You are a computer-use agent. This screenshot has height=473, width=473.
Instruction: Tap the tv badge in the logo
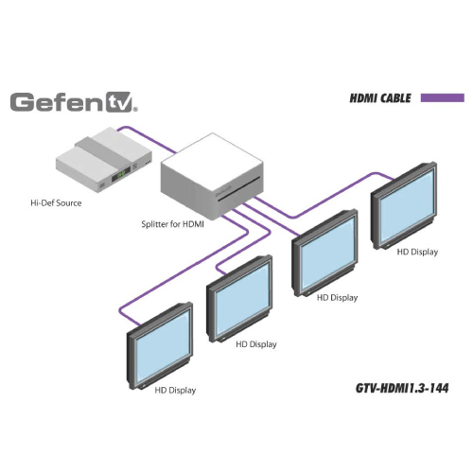point(119,102)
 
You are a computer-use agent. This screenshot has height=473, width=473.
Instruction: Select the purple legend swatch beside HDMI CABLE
point(442,97)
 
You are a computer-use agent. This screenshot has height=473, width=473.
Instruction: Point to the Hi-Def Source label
point(57,202)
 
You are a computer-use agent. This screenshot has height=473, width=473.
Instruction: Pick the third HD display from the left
point(326,253)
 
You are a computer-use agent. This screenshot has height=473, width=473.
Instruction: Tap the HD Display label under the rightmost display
point(417,251)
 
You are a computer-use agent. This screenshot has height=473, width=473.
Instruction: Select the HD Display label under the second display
point(256,343)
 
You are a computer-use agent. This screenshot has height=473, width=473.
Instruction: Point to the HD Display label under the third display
point(338,297)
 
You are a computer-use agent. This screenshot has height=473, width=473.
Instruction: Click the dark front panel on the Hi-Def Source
point(122,173)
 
